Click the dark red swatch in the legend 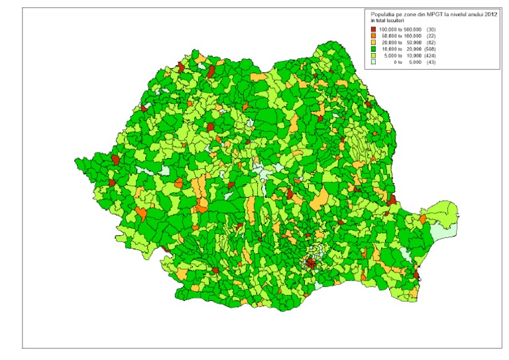[x=374, y=29]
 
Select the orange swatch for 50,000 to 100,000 [x=374, y=35]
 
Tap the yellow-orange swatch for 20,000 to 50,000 [x=374, y=41]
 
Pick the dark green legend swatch [x=374, y=47]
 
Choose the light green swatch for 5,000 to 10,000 [x=374, y=53]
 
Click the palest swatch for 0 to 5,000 [x=374, y=60]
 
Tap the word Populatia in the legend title [x=384, y=13]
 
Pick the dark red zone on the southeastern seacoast [x=416, y=274]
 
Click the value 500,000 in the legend [x=420, y=29]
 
